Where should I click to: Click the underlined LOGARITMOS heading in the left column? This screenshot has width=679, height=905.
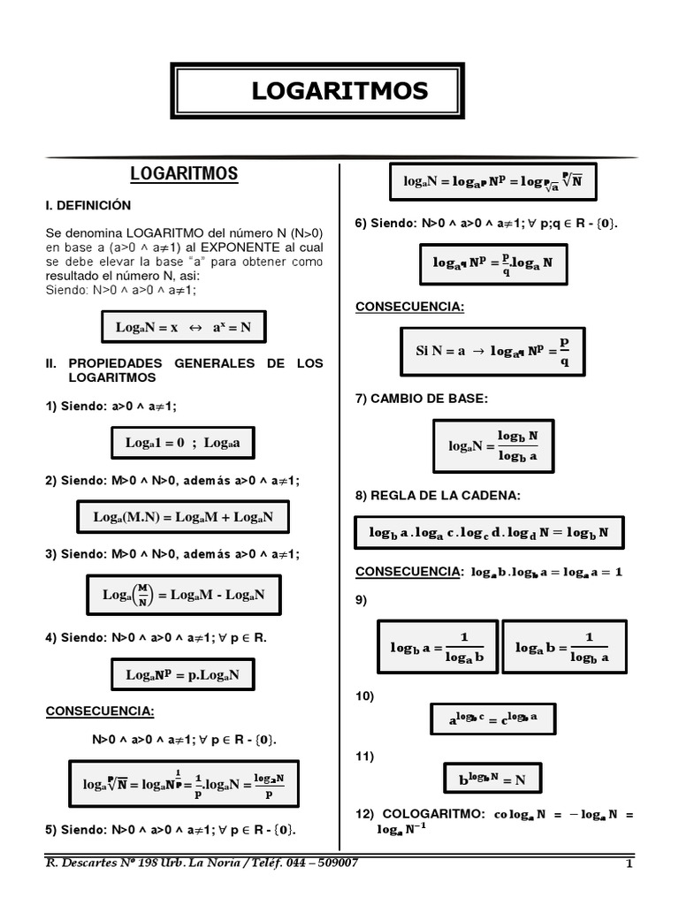point(184,174)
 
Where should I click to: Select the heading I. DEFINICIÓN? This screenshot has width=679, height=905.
point(88,205)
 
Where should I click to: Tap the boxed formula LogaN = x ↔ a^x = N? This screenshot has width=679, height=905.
point(184,327)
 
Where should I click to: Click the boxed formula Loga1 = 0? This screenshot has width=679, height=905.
point(183,443)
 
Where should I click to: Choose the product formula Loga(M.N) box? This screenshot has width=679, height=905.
point(183,517)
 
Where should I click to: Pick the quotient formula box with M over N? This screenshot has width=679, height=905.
point(183,595)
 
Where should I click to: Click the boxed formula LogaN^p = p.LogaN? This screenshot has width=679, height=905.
point(183,675)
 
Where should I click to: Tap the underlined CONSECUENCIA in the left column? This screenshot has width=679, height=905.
point(100,711)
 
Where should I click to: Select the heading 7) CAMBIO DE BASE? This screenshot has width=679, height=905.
point(421,399)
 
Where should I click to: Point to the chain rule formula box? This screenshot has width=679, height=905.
point(490,533)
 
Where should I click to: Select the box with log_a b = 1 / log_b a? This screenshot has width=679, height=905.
point(564,648)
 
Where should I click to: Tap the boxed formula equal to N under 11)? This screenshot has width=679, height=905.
point(492,780)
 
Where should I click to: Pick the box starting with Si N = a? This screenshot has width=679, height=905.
point(492,351)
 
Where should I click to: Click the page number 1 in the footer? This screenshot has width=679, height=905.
point(629,863)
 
